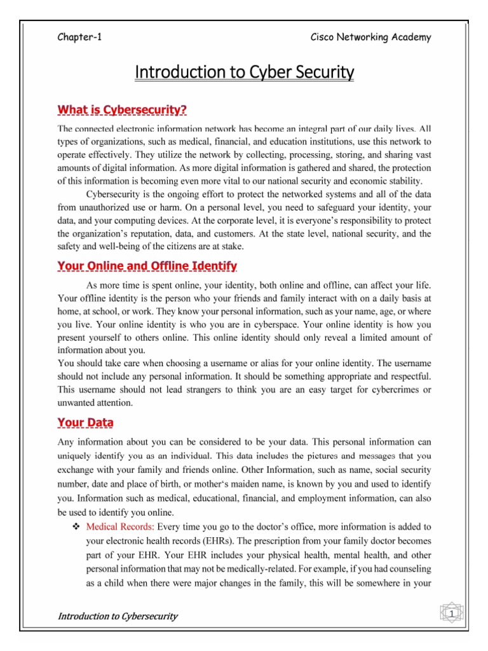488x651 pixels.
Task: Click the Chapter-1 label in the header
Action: tap(79, 37)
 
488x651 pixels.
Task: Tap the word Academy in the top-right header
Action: tap(410, 37)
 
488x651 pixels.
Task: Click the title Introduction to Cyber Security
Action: tap(244, 73)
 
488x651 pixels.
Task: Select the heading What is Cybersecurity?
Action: tap(122, 111)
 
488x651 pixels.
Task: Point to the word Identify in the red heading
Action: tap(213, 265)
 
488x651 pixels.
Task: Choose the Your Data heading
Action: tap(86, 422)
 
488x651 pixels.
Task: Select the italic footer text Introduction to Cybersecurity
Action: tap(118, 616)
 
